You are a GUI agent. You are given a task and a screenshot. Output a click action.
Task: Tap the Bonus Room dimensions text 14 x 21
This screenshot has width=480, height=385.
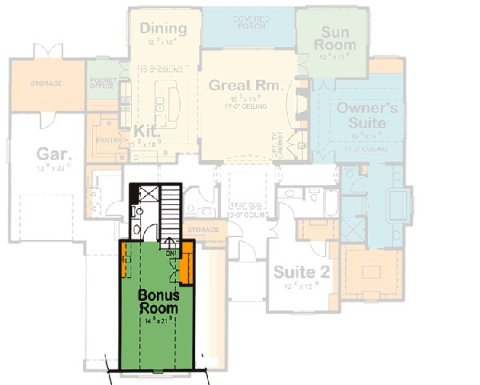click(x=160, y=321)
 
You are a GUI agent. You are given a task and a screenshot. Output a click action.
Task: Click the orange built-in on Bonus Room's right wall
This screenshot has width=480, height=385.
click(x=187, y=267)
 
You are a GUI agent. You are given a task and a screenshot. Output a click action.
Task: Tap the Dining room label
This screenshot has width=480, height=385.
click(x=163, y=30)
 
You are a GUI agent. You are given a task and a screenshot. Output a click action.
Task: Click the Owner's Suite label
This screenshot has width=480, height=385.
click(x=362, y=114)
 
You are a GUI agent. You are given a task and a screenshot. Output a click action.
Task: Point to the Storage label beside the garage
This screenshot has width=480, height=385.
click(x=46, y=83)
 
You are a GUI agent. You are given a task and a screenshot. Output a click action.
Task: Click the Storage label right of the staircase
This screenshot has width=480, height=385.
click(x=203, y=231)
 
